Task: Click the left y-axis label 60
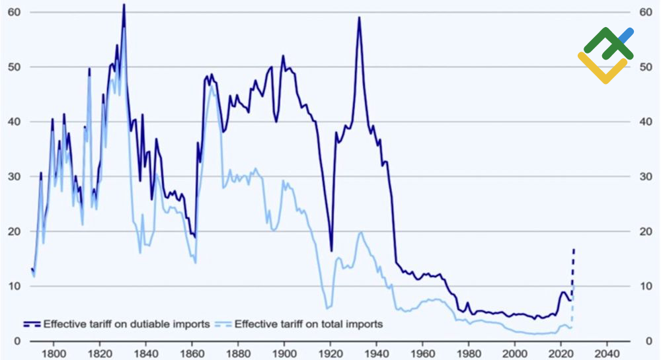pos(13,13)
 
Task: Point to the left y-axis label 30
pos(13,176)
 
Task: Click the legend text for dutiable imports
pos(126,324)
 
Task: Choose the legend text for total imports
pos(309,324)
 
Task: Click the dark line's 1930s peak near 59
pos(359,17)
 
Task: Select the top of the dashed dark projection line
pos(574,250)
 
